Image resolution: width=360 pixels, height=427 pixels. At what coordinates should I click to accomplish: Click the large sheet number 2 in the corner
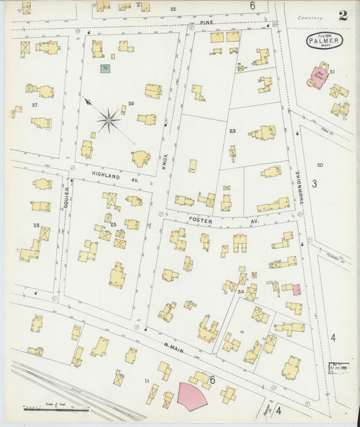pyautogui.click(x=343, y=16)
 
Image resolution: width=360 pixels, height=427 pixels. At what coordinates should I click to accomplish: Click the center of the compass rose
pyautogui.click(x=108, y=122)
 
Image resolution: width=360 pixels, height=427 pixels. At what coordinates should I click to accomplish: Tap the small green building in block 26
pyautogui.click(x=105, y=68)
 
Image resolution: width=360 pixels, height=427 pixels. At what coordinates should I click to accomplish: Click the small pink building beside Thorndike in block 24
pyautogui.click(x=296, y=289)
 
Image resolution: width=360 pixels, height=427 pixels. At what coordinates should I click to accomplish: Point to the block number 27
pyautogui.click(x=34, y=106)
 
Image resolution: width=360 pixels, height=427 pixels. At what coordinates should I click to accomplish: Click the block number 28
pyautogui.click(x=36, y=225)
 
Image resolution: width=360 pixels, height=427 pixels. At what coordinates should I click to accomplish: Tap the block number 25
pyautogui.click(x=113, y=224)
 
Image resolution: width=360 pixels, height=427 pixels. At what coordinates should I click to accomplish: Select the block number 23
pyautogui.click(x=232, y=131)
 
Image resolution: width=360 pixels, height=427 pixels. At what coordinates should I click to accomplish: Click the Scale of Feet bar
pyautogui.click(x=54, y=409)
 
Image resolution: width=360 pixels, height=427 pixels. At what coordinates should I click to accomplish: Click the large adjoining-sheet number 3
pyautogui.click(x=314, y=183)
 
